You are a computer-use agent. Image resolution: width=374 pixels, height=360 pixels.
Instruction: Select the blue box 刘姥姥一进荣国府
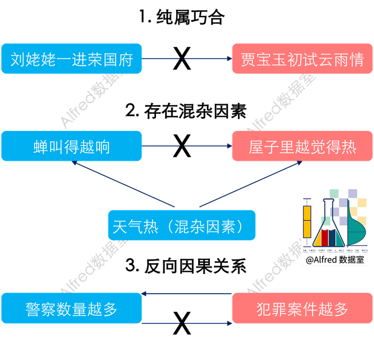pyautogui.click(x=72, y=58)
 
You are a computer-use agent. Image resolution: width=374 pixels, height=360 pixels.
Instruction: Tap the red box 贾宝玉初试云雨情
pyautogui.click(x=302, y=58)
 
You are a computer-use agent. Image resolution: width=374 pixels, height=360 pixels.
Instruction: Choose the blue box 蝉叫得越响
pyautogui.click(x=72, y=145)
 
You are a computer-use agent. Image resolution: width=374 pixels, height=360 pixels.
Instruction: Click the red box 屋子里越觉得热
pyautogui.click(x=302, y=145)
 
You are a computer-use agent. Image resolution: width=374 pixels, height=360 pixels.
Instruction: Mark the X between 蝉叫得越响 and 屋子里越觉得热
pyautogui.click(x=182, y=146)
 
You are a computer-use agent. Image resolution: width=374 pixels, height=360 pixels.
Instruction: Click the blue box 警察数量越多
pyautogui.click(x=72, y=308)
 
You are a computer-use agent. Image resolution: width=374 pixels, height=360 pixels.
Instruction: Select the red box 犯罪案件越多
pyautogui.click(x=302, y=308)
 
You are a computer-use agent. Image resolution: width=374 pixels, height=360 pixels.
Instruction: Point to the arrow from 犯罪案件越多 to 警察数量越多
pyautogui.click(x=187, y=294)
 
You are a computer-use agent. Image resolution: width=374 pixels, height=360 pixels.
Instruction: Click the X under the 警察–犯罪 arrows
pyautogui.click(x=182, y=323)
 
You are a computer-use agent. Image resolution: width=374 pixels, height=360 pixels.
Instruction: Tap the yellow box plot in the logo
pyautogui.click(x=307, y=220)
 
